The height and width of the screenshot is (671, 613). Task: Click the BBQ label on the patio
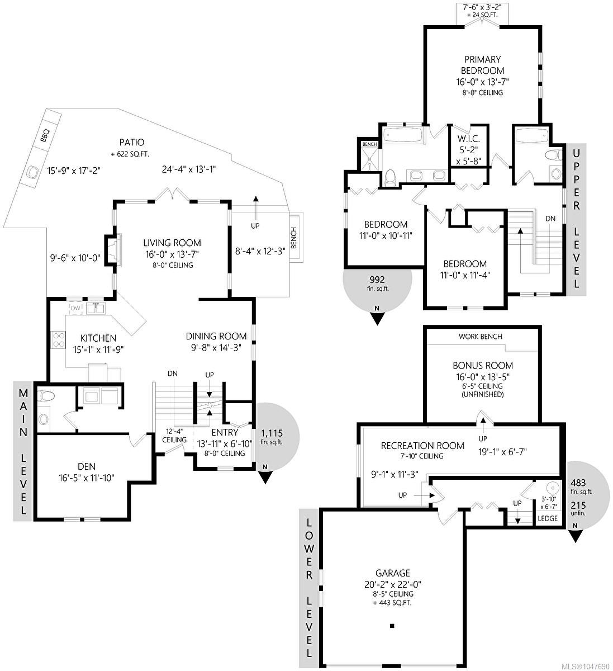45,136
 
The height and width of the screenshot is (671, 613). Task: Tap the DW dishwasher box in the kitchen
75,308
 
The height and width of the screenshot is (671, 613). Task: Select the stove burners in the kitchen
58,339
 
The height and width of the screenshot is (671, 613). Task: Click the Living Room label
172,243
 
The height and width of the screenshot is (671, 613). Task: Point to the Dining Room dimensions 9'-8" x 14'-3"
216,348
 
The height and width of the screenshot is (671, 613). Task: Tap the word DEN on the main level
87,466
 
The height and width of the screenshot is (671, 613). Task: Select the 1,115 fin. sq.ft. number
272,433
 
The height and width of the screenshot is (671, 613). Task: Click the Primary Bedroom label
483,65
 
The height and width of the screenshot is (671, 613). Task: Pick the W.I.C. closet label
468,139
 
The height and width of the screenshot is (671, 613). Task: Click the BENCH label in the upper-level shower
369,144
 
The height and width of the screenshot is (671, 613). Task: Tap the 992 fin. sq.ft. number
377,280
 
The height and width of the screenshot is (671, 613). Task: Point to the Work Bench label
480,337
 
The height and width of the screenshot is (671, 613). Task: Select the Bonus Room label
483,365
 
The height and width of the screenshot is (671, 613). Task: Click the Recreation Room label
422,446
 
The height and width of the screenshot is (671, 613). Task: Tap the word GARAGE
393,573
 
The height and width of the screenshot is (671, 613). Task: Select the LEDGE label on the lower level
548,518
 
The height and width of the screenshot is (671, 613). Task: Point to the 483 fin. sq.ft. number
578,483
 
